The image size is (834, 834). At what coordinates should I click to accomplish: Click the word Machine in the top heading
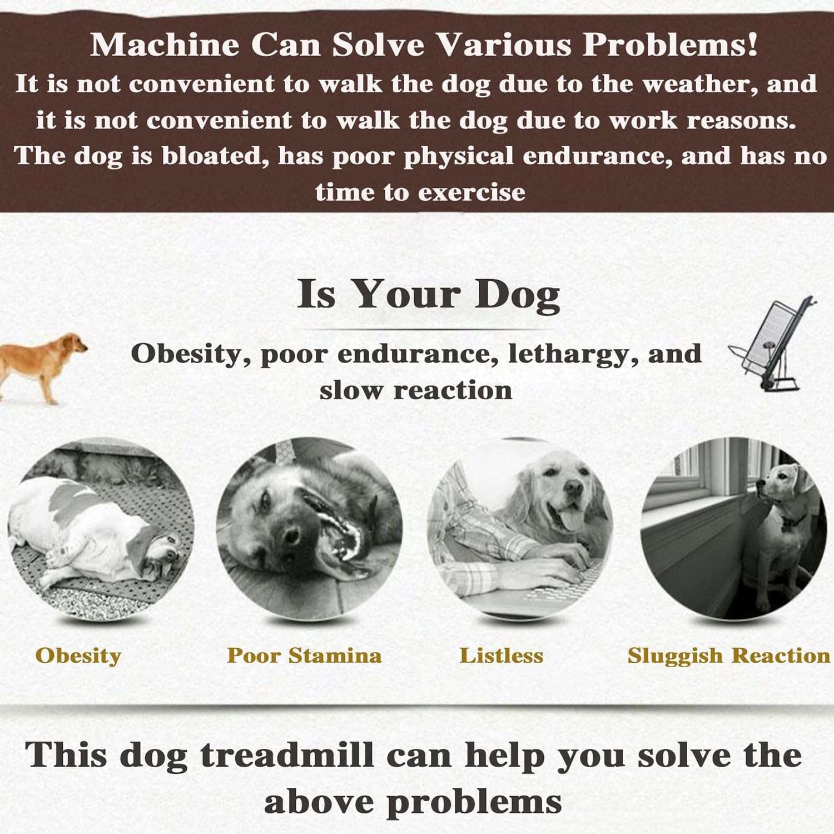pos(165,44)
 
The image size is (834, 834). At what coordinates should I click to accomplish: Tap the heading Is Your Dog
pos(429,294)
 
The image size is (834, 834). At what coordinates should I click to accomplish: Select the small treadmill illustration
pos(772,345)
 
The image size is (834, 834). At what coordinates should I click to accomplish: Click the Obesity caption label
pos(78,656)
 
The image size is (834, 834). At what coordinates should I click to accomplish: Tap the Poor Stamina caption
pos(304,656)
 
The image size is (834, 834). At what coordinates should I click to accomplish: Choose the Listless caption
pos(502,656)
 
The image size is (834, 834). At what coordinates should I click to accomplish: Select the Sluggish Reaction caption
pos(729,656)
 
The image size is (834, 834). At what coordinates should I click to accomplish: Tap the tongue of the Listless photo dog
pos(568,519)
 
